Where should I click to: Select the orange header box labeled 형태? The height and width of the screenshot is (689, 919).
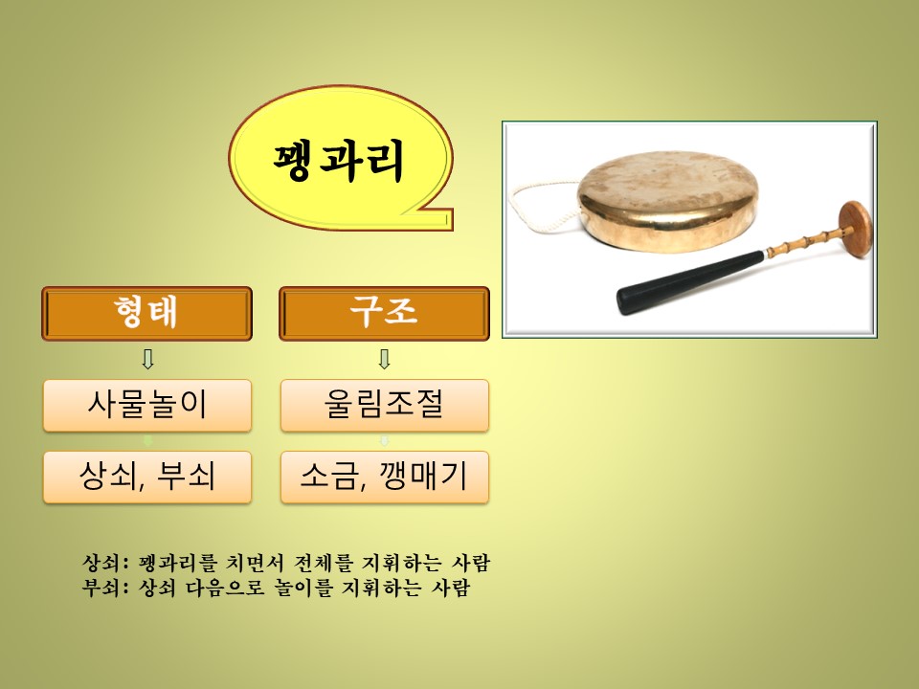tap(146, 314)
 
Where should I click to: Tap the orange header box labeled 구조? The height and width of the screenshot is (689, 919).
tap(384, 314)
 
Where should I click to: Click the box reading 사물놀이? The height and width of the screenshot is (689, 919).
tap(147, 406)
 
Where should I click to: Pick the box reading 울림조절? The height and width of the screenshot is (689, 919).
tap(385, 406)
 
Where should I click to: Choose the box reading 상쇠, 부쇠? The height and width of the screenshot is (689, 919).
tap(147, 477)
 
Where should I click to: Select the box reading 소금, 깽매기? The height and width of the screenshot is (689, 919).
tap(385, 477)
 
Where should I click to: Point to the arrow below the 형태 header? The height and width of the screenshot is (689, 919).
tap(147, 359)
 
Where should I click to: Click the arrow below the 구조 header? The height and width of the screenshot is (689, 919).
tap(385, 359)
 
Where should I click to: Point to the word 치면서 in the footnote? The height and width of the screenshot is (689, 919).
tap(255, 563)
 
